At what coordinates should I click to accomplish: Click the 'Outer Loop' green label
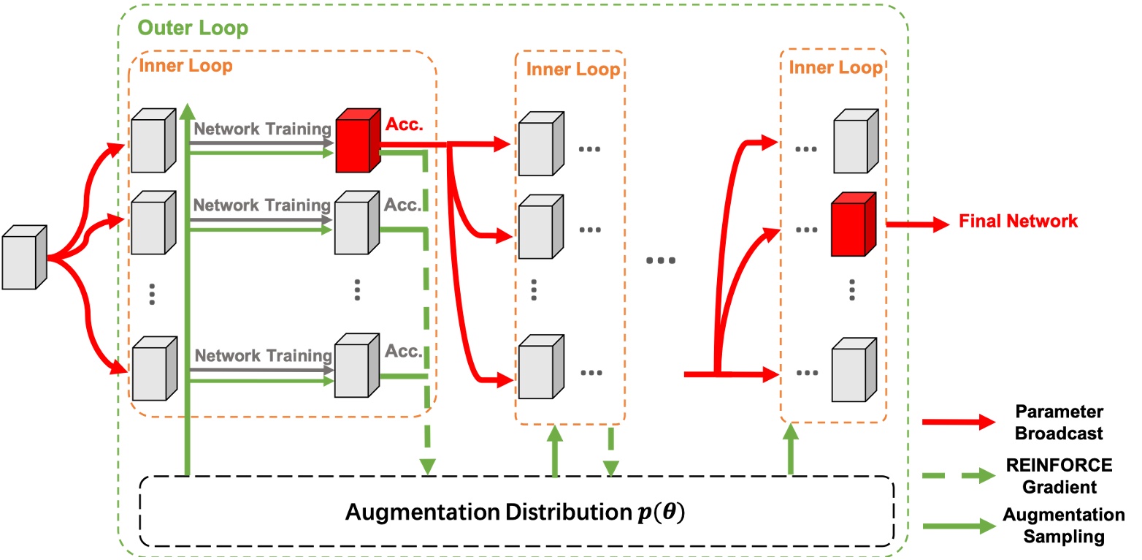coord(193,29)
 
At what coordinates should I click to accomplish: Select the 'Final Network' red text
coord(1018,221)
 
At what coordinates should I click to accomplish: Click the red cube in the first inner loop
coord(357,141)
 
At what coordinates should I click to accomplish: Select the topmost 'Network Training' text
coord(263,129)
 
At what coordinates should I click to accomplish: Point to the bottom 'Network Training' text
coord(263,356)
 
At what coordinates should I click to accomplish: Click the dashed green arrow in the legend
coord(959,476)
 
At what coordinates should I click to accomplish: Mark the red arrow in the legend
coord(959,423)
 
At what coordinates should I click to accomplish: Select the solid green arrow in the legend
coord(959,526)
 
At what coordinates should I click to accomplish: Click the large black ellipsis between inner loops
coord(661,260)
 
